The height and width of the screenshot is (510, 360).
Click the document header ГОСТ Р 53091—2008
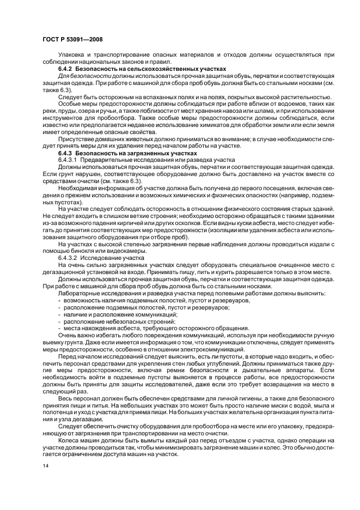[72, 40]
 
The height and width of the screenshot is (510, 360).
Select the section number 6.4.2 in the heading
[66, 69]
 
